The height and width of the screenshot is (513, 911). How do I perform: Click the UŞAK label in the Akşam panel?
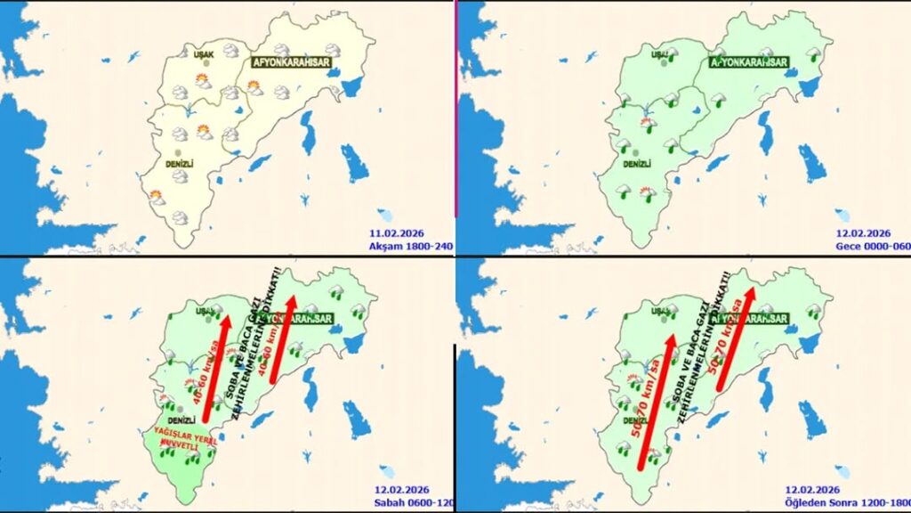205,54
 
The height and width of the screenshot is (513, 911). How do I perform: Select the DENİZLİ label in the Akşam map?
180,164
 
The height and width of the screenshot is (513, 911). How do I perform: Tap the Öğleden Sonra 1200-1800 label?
845,502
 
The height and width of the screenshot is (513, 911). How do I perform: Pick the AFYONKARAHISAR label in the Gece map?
749,61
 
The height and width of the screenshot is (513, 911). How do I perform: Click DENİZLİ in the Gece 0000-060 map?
637,164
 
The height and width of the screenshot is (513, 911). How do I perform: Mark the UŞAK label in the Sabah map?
206,311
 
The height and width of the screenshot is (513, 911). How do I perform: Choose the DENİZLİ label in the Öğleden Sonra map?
636,420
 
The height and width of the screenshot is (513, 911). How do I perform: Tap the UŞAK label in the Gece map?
659,54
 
